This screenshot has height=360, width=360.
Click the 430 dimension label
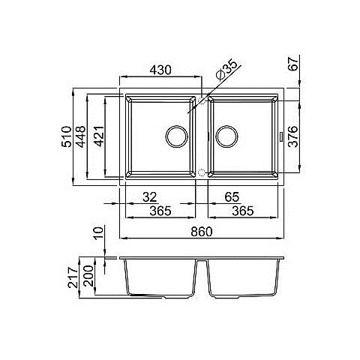[160, 70]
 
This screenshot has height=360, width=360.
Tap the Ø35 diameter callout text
[227, 70]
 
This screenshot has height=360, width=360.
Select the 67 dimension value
[294, 63]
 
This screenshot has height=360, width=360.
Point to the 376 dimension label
[293, 136]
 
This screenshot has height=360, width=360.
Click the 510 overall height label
[67, 136]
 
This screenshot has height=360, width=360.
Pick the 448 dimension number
[81, 136]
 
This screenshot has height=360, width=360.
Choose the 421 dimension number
[99, 136]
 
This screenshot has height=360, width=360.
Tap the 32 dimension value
[150, 197]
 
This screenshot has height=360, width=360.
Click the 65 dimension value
[232, 197]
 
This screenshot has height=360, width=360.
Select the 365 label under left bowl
[160, 211]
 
